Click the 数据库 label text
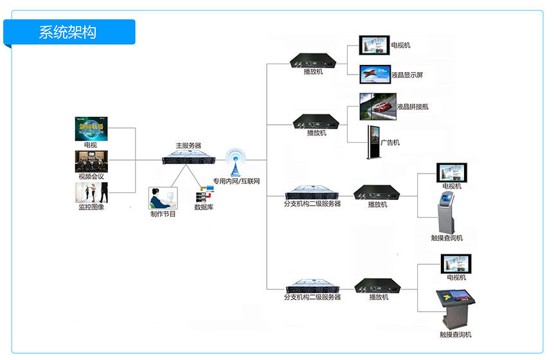point(205,208)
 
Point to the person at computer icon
point(162,198)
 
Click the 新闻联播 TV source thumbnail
point(91,128)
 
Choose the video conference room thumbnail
point(91,161)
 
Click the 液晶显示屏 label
point(407,75)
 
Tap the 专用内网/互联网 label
point(237,182)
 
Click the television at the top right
point(374,45)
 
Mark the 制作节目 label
point(163,213)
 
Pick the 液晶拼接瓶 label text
point(413,107)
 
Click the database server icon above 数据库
point(204,194)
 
